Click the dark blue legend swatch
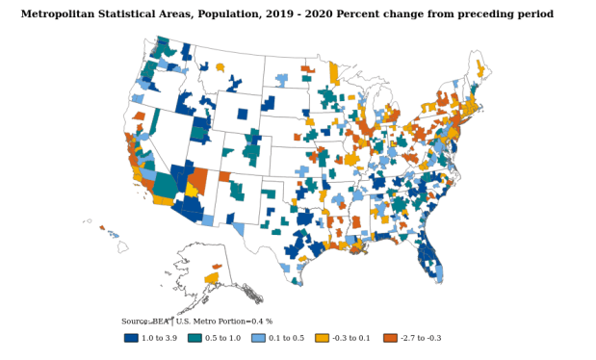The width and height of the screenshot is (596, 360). [x=132, y=338]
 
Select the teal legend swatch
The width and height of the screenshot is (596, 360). [x=195, y=338]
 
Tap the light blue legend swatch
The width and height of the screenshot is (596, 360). [x=258, y=338]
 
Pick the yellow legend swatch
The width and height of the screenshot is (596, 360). [x=322, y=338]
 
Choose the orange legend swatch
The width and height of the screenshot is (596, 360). [x=390, y=338]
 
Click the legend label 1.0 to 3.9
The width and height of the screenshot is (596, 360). [x=159, y=339]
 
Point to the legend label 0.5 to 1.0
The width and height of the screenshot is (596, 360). [x=222, y=339]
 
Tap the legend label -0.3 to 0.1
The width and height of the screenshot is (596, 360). [x=351, y=339]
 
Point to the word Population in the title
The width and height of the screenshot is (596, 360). [x=239, y=14]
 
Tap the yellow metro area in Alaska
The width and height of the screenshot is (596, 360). [x=211, y=278]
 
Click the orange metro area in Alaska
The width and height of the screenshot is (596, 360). [x=217, y=267]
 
